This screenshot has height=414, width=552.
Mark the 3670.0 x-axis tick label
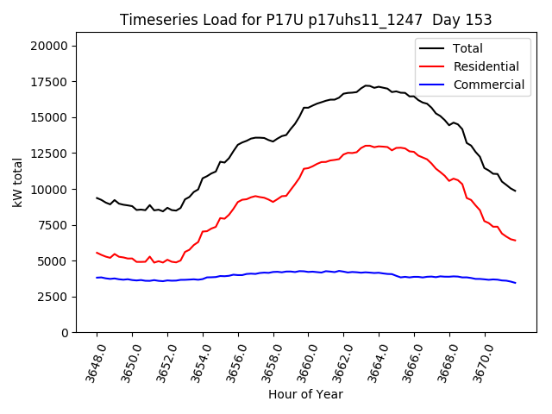(x=480, y=361)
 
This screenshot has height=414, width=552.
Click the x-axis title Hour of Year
(x=305, y=395)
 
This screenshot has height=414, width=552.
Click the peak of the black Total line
(x=367, y=85)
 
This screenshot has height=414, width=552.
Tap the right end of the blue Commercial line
(x=515, y=283)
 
